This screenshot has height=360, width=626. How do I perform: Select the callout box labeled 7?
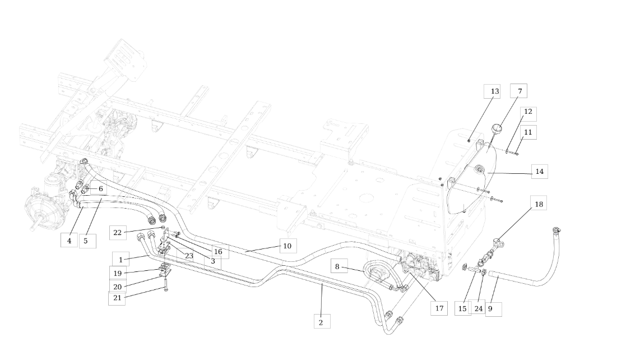pos(518,91)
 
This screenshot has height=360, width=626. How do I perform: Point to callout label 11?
pos(528,132)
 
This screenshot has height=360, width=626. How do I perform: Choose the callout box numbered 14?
pos(539,172)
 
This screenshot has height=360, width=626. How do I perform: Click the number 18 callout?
pos(539,204)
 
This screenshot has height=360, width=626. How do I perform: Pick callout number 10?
pos(287,246)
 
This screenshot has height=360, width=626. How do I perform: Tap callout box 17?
pos(439,307)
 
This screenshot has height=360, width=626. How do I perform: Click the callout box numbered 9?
pos(493,308)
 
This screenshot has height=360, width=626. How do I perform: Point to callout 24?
pos(477,308)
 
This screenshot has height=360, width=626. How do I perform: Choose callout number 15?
pos(462,308)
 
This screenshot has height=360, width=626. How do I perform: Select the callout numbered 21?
pos(117,298)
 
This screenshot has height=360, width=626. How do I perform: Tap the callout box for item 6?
pos(100,189)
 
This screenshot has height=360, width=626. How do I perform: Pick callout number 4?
pos(69,241)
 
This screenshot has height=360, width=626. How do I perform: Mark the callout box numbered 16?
pos(217,252)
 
